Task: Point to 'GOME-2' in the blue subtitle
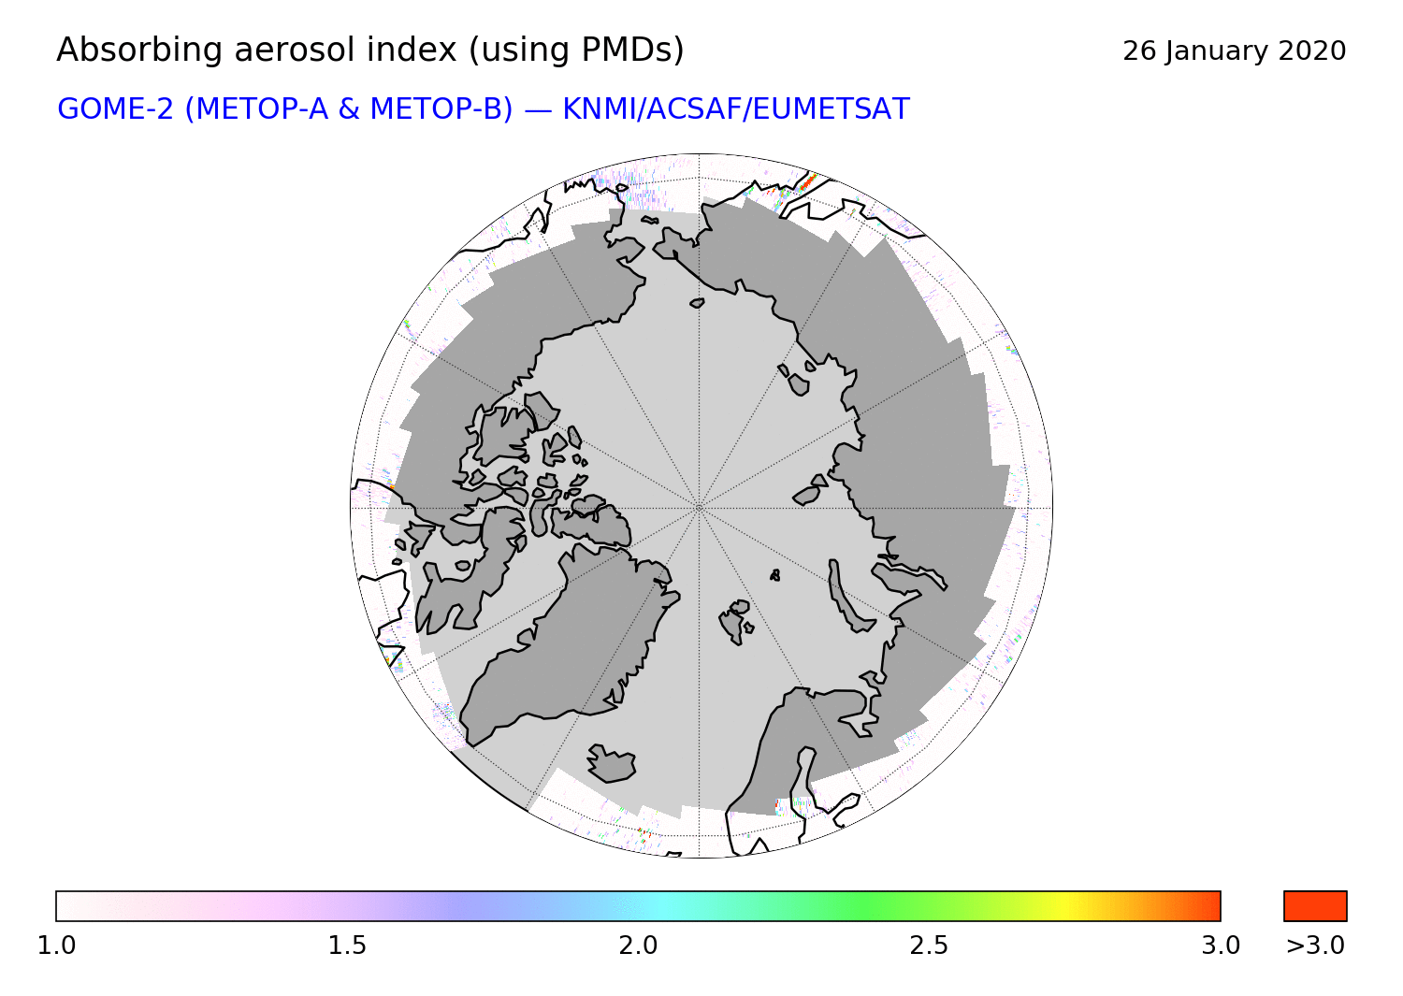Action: tap(115, 109)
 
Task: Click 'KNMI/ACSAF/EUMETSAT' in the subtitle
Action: tap(736, 109)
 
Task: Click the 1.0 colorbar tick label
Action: tap(56, 945)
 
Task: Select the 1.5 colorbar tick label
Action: tap(347, 945)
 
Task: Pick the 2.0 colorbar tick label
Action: tap(638, 945)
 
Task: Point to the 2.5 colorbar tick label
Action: tap(929, 945)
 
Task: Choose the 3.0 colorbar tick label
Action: tap(1220, 945)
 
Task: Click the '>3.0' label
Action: tap(1315, 945)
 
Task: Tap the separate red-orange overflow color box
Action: tap(1315, 906)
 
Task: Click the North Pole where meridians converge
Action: tap(699, 508)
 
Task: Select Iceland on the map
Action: tap(612, 763)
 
